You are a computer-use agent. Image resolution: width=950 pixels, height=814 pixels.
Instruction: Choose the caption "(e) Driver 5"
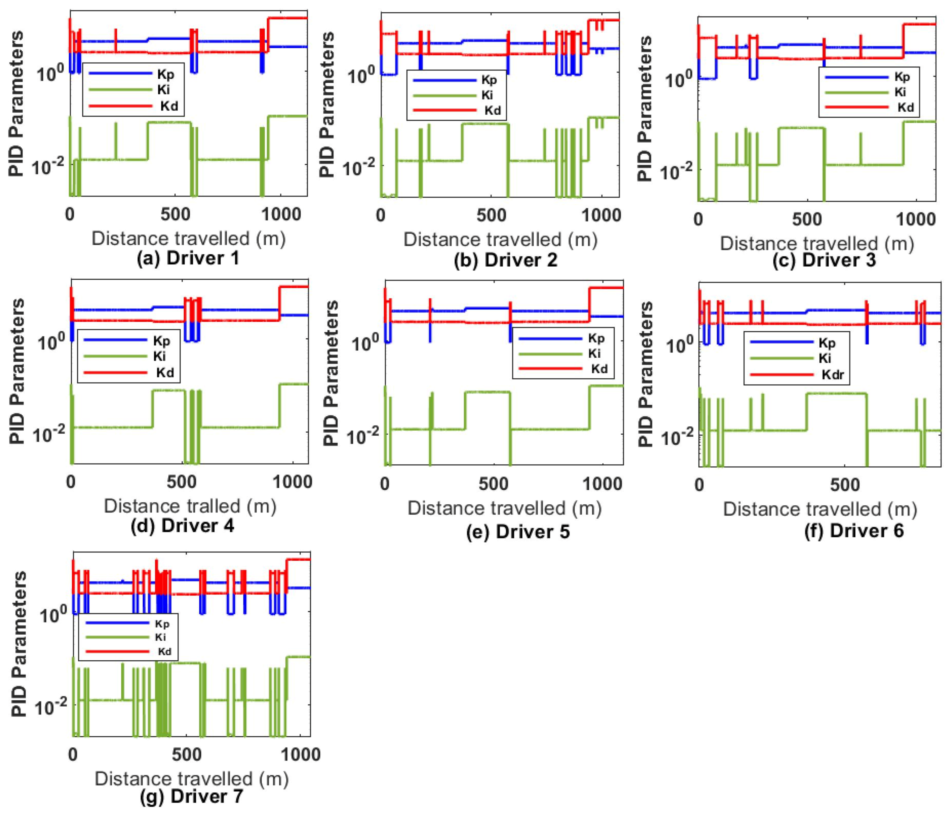tap(518, 532)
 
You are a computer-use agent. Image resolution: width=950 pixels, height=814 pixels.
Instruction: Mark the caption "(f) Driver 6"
tap(854, 531)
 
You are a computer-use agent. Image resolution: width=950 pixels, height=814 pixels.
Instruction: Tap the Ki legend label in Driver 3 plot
tap(900, 92)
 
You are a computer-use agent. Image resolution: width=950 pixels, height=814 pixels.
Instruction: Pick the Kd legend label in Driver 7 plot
tap(165, 651)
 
